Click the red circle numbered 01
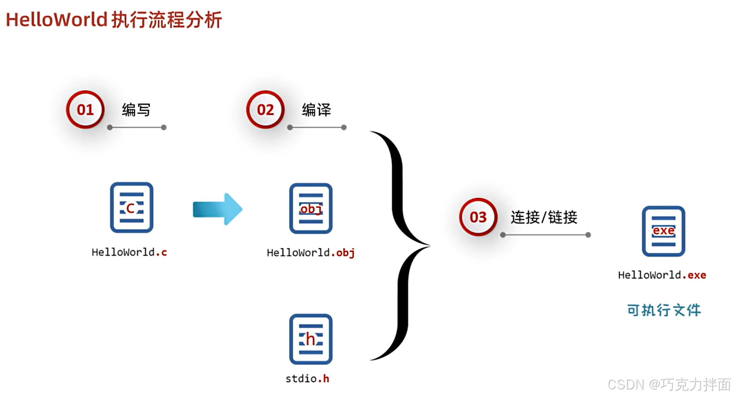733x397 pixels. (x=85, y=110)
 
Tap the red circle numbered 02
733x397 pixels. (x=265, y=110)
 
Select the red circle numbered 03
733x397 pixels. (x=478, y=217)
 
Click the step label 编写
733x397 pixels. (x=136, y=110)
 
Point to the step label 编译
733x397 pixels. (x=316, y=110)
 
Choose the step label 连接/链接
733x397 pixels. (x=544, y=217)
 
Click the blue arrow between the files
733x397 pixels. (x=218, y=209)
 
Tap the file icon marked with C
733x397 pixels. (x=132, y=207)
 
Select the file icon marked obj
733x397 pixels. (x=311, y=208)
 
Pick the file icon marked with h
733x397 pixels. (x=311, y=339)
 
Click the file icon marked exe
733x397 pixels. (x=664, y=231)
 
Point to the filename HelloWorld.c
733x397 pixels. (x=129, y=252)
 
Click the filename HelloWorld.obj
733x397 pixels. (x=311, y=252)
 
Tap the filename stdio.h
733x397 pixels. (x=307, y=378)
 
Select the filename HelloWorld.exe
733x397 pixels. (x=662, y=275)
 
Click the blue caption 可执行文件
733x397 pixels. (x=664, y=310)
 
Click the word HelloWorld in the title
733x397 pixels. (x=56, y=20)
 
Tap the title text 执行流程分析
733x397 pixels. (x=167, y=20)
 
